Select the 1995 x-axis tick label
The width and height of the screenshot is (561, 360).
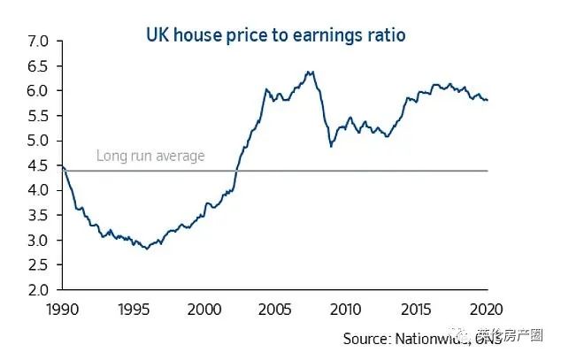pos(133,309)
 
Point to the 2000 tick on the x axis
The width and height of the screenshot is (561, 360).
pos(204,309)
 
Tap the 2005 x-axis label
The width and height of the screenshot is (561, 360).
pos(274,309)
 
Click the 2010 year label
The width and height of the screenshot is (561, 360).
pos(346,309)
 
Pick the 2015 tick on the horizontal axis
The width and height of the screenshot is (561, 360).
pos(417,309)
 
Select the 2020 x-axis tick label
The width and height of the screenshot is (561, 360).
pos(488,309)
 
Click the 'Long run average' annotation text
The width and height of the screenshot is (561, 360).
pos(150,156)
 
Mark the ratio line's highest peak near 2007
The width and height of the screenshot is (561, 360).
pos(309,72)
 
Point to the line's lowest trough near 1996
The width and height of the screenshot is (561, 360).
pos(146,249)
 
